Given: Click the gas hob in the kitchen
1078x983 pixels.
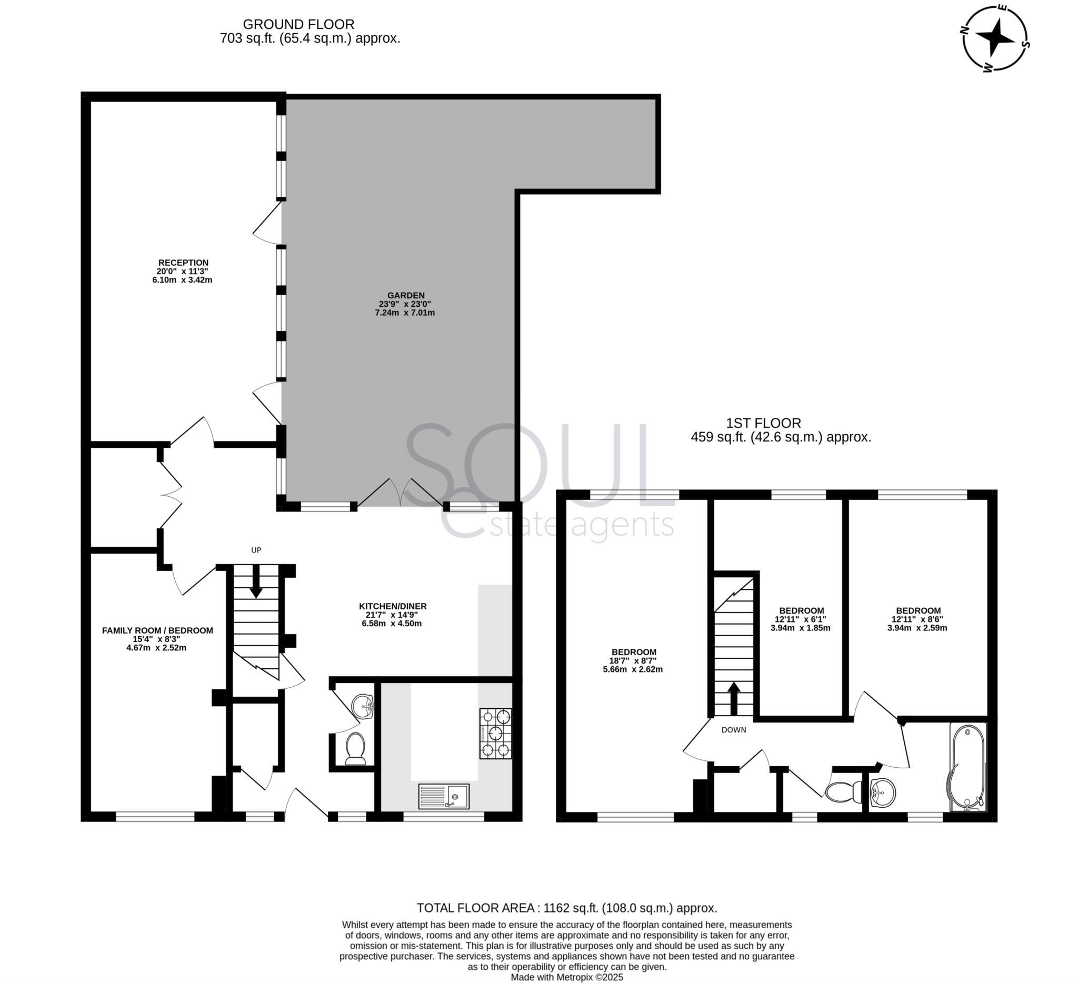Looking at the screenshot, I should (x=495, y=734).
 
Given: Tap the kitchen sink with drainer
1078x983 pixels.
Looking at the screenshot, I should (x=443, y=796).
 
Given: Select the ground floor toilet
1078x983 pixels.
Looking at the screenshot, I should (x=355, y=748).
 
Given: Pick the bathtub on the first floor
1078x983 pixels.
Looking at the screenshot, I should (x=967, y=767).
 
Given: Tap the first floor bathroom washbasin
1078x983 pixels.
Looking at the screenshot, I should (x=883, y=792).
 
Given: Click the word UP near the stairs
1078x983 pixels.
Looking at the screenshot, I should (x=256, y=550).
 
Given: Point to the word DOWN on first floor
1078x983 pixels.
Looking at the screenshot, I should (x=733, y=730).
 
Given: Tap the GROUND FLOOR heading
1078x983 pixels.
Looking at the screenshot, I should (x=298, y=25).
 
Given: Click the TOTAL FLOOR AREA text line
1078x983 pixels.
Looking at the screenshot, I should (x=567, y=908).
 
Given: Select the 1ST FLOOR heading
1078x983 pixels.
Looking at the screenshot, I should (x=763, y=423).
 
